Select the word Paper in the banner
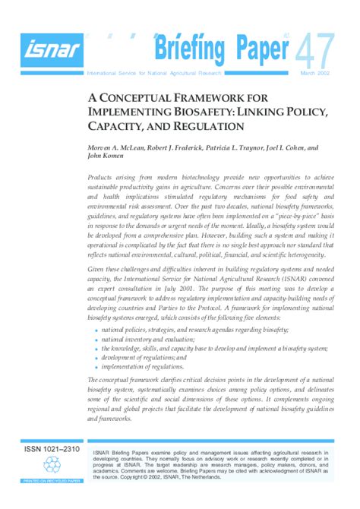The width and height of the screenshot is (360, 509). point(257,51)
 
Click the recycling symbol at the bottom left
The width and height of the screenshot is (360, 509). point(52,465)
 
